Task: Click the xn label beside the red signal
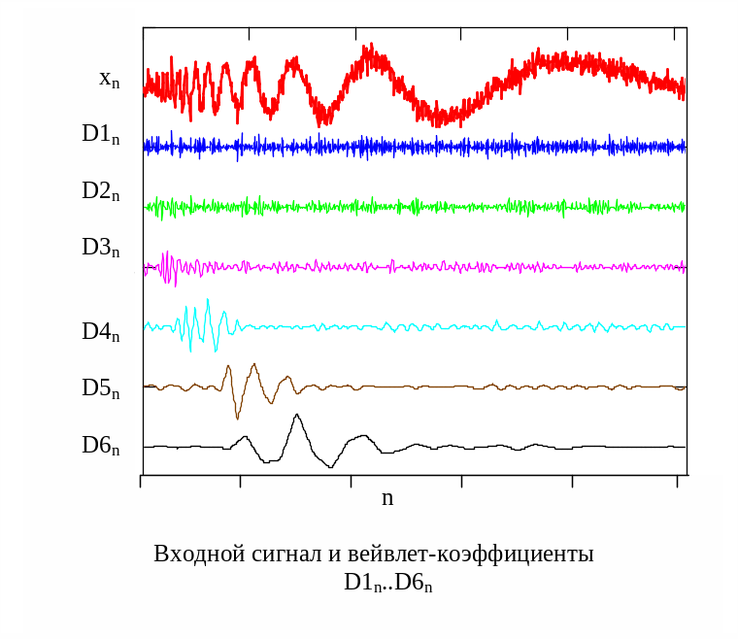(109, 80)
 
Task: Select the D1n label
(100, 135)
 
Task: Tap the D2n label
(100, 191)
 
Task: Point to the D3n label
(100, 248)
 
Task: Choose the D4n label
(100, 332)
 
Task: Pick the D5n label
(100, 389)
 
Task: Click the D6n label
(100, 447)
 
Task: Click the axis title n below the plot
(387, 498)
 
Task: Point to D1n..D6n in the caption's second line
(387, 584)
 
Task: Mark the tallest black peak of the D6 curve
(297, 417)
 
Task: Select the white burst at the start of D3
(168, 267)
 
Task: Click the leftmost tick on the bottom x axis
(142, 481)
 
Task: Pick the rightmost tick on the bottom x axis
(677, 481)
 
